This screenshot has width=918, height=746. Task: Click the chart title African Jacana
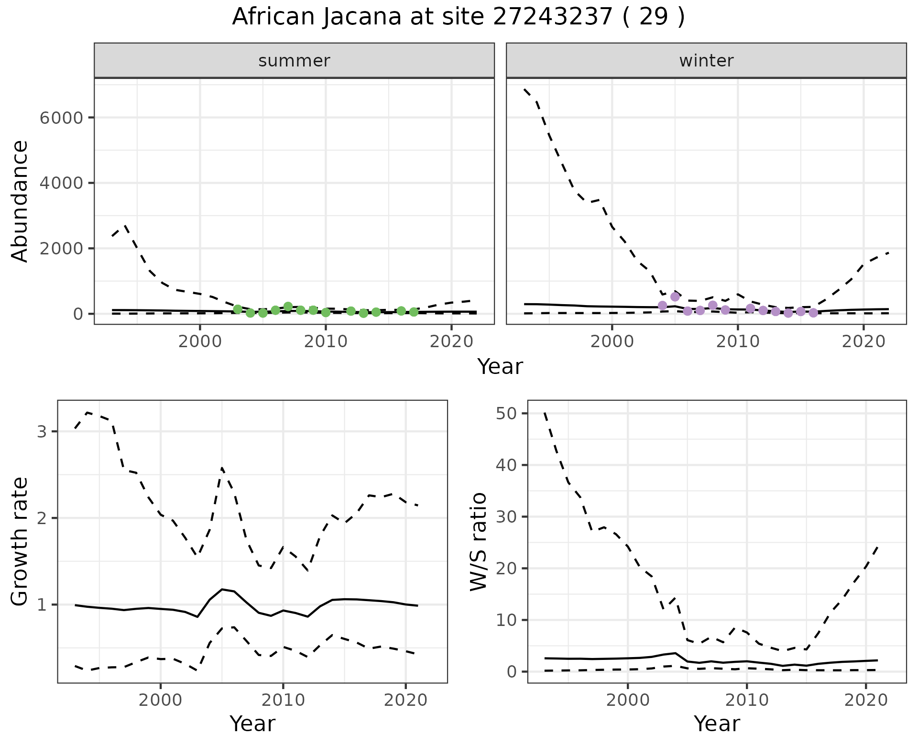click(458, 17)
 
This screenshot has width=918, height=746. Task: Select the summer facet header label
click(294, 61)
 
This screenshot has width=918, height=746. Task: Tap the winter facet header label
click(706, 61)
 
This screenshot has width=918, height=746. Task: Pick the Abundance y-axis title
click(20, 201)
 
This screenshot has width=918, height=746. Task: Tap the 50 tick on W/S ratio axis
click(506, 413)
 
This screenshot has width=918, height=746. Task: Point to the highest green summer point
click(288, 307)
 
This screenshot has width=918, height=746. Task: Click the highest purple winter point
click(675, 296)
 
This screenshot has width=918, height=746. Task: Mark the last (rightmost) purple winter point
click(813, 313)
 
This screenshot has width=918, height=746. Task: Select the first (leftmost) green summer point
click(238, 309)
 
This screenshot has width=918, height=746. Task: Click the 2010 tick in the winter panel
click(738, 341)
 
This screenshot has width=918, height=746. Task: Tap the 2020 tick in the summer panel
click(451, 341)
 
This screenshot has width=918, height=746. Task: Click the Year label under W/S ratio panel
click(717, 724)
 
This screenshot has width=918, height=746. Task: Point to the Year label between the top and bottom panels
click(500, 367)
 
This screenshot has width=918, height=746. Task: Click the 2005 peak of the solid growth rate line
click(222, 589)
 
